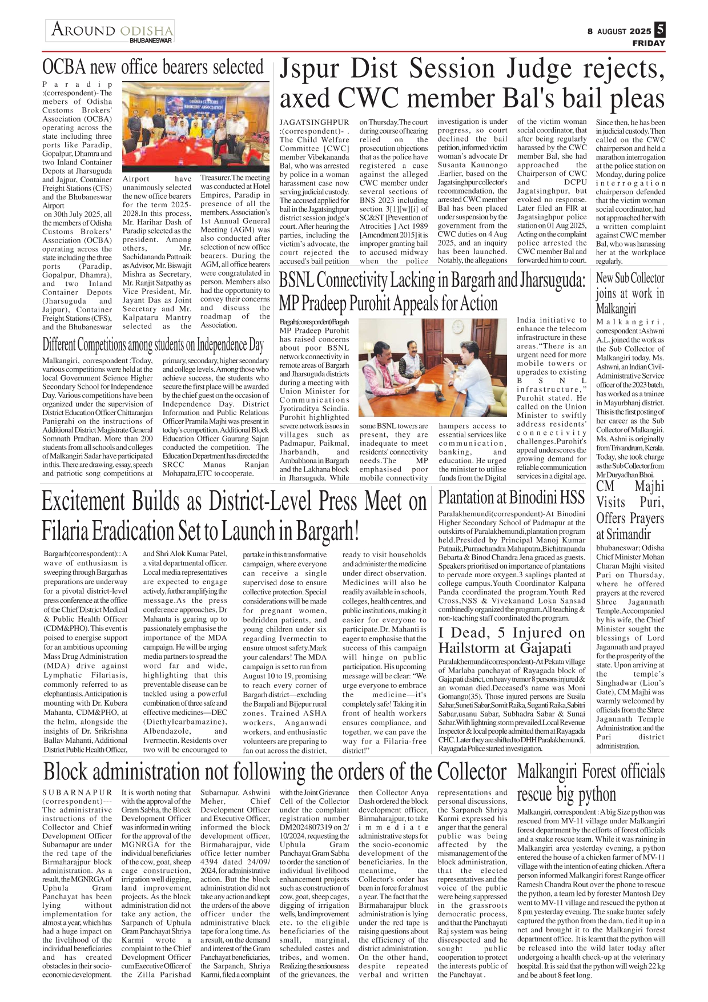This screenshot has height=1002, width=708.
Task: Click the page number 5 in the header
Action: pos(660,30)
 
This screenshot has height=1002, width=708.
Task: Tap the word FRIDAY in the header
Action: pos(649,43)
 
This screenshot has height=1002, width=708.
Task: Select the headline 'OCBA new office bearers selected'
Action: pos(152,67)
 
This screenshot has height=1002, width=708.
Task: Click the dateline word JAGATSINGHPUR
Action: pos(314,122)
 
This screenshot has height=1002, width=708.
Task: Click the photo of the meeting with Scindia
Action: pos(433,368)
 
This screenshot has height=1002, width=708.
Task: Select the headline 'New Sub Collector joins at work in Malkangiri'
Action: pos(630,293)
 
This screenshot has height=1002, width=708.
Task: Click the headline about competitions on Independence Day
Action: pos(152,345)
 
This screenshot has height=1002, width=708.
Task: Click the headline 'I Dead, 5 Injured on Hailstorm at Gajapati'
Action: pos(511,640)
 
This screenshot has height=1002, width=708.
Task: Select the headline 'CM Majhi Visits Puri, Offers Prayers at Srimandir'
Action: pos(630,510)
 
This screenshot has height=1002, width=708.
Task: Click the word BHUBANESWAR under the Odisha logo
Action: pos(150,41)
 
